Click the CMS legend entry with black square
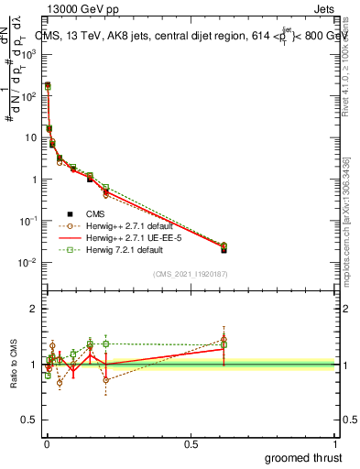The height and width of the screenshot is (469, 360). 84,213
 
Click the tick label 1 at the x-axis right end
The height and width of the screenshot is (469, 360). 334,443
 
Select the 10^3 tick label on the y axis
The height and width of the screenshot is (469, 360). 31,53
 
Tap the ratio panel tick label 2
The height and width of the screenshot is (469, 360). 34,309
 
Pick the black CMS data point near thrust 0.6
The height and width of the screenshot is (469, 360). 224,249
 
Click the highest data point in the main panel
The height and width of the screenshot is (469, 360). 48,85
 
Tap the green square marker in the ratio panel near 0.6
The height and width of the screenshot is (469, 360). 224,344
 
